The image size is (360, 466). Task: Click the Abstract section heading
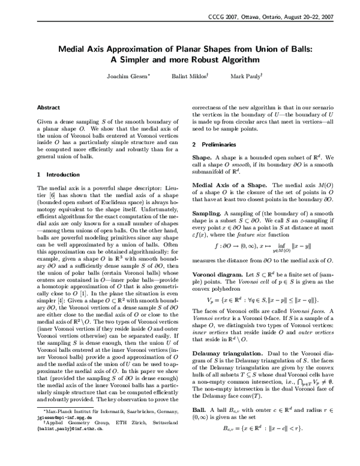49,107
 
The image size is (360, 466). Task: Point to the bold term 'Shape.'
203,157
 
